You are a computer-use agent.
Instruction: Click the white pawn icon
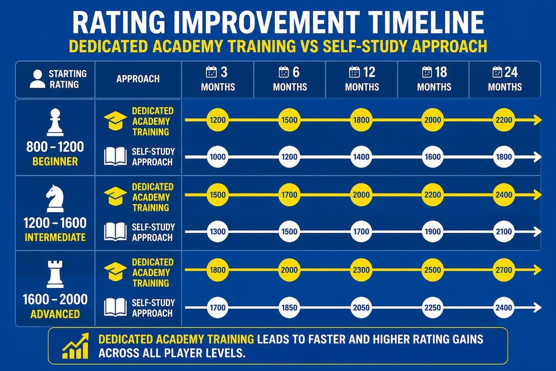[x=55, y=122]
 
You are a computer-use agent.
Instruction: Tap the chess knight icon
[x=55, y=198]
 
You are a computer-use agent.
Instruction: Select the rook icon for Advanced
[x=55, y=274]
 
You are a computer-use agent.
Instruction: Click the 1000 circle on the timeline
[x=218, y=157]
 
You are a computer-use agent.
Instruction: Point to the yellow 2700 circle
[x=504, y=270]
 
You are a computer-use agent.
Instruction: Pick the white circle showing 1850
[x=290, y=307]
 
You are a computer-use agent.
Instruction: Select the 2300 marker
[x=361, y=270]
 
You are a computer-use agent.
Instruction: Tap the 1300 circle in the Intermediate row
[x=218, y=231]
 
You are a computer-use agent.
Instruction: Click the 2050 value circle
[x=361, y=307]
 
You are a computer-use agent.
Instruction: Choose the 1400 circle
[x=361, y=157]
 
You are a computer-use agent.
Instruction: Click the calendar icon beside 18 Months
[x=427, y=72]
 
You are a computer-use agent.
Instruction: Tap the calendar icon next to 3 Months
[x=211, y=72]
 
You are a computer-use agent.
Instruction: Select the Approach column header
[x=138, y=79]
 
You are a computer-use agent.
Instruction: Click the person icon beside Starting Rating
[x=38, y=79]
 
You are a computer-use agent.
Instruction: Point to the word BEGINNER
[x=55, y=161]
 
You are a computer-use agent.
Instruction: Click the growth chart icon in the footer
[x=76, y=345]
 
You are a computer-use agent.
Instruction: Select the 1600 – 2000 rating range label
[x=55, y=299]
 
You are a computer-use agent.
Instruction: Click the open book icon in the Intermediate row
[x=115, y=231]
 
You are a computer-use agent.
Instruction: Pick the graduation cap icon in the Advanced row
[x=115, y=271]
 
